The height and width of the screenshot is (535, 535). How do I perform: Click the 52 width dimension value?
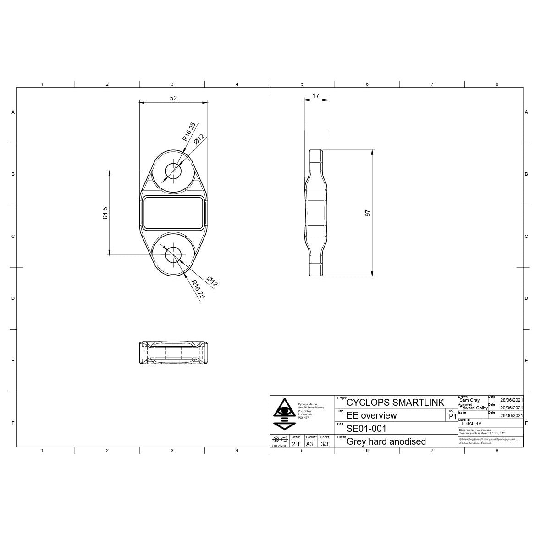(173, 98)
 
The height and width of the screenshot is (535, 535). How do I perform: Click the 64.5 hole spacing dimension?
(105, 213)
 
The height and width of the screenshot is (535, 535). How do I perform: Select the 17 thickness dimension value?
(315, 96)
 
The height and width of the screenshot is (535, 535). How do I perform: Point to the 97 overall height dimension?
(367, 213)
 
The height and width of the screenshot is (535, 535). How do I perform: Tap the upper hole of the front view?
(173, 171)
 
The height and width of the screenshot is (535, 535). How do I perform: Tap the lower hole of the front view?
(173, 253)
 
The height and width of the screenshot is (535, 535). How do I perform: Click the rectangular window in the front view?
(173, 213)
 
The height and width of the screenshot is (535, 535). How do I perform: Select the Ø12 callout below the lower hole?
(212, 281)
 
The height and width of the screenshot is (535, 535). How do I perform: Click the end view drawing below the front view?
(173, 353)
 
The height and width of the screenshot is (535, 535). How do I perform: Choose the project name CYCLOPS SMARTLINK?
(395, 403)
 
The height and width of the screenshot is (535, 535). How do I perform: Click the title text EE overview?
(371, 415)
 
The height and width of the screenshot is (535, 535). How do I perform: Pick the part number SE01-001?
(366, 429)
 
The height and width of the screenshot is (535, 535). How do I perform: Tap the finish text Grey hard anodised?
(386, 441)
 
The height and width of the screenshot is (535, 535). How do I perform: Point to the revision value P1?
(452, 416)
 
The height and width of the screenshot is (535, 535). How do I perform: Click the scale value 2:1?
(296, 444)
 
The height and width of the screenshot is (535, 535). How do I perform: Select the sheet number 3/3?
(324, 444)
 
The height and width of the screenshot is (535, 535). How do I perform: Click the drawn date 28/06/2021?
(511, 400)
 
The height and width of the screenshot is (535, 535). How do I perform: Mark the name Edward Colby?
(473, 408)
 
